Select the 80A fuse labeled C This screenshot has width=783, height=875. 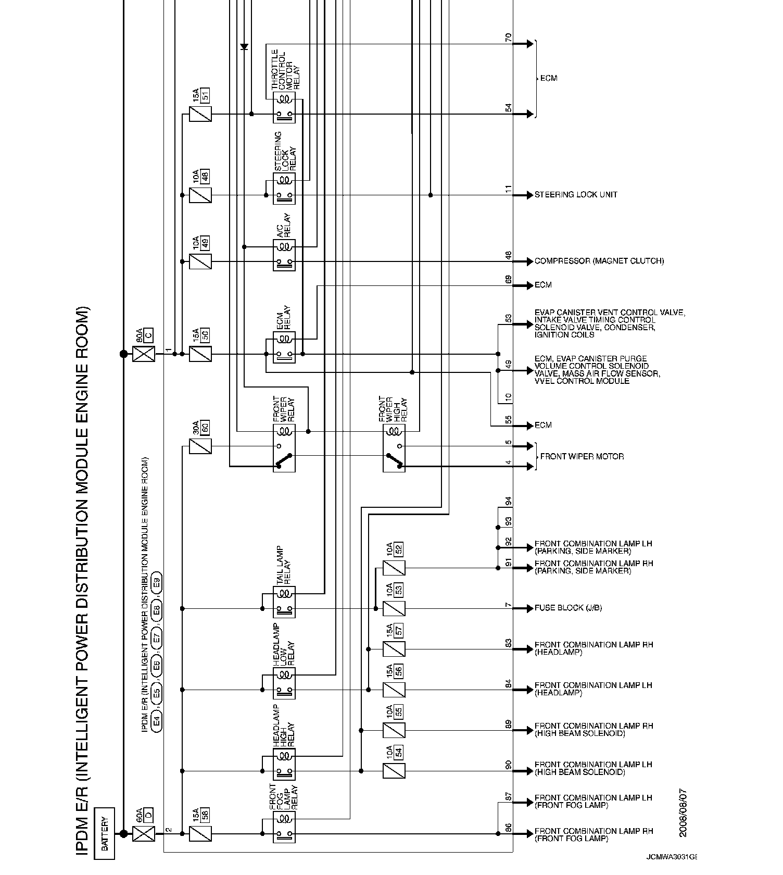[x=144, y=354]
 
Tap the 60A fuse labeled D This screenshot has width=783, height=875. [x=144, y=833]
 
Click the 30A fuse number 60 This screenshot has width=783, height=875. [x=200, y=446]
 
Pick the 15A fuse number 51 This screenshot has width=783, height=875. [x=200, y=114]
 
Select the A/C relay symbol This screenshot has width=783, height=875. [x=284, y=255]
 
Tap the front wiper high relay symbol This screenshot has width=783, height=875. [x=394, y=448]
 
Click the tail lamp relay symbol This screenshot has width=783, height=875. [x=284, y=602]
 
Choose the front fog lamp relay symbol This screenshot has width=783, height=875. [x=284, y=827]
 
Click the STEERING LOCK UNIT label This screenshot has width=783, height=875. [x=576, y=195]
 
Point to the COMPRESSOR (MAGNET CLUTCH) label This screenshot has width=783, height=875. [x=599, y=261]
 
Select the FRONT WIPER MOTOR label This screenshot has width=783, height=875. [x=582, y=457]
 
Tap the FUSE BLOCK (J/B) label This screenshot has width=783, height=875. [x=568, y=608]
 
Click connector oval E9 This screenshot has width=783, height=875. [x=157, y=582]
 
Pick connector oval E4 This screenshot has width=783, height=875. [x=157, y=722]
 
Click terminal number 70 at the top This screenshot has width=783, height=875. [x=509, y=37]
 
